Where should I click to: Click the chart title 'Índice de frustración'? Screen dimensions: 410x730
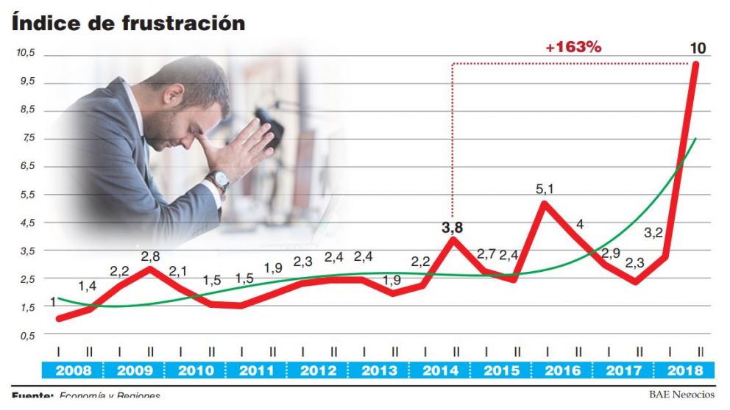[x=128, y=23]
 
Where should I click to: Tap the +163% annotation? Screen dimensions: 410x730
[x=573, y=47]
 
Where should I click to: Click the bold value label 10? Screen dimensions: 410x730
[x=698, y=48]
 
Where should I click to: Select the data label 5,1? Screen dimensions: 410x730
[x=545, y=189]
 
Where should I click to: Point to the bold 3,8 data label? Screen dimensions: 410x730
[x=453, y=228]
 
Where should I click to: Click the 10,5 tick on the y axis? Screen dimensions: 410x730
[x=26, y=53]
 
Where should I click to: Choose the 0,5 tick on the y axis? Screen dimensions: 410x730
[x=26, y=335]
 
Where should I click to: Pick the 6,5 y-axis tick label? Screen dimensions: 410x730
[x=26, y=166]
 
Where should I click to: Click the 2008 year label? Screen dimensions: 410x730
[x=73, y=370]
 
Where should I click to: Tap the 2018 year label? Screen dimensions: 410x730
[x=684, y=370]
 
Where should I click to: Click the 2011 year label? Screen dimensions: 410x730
[x=256, y=370]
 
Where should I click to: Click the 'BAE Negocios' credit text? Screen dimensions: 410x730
[x=681, y=395]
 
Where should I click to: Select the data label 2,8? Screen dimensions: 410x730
[x=151, y=256]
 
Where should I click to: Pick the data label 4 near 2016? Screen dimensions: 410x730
[x=580, y=225]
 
